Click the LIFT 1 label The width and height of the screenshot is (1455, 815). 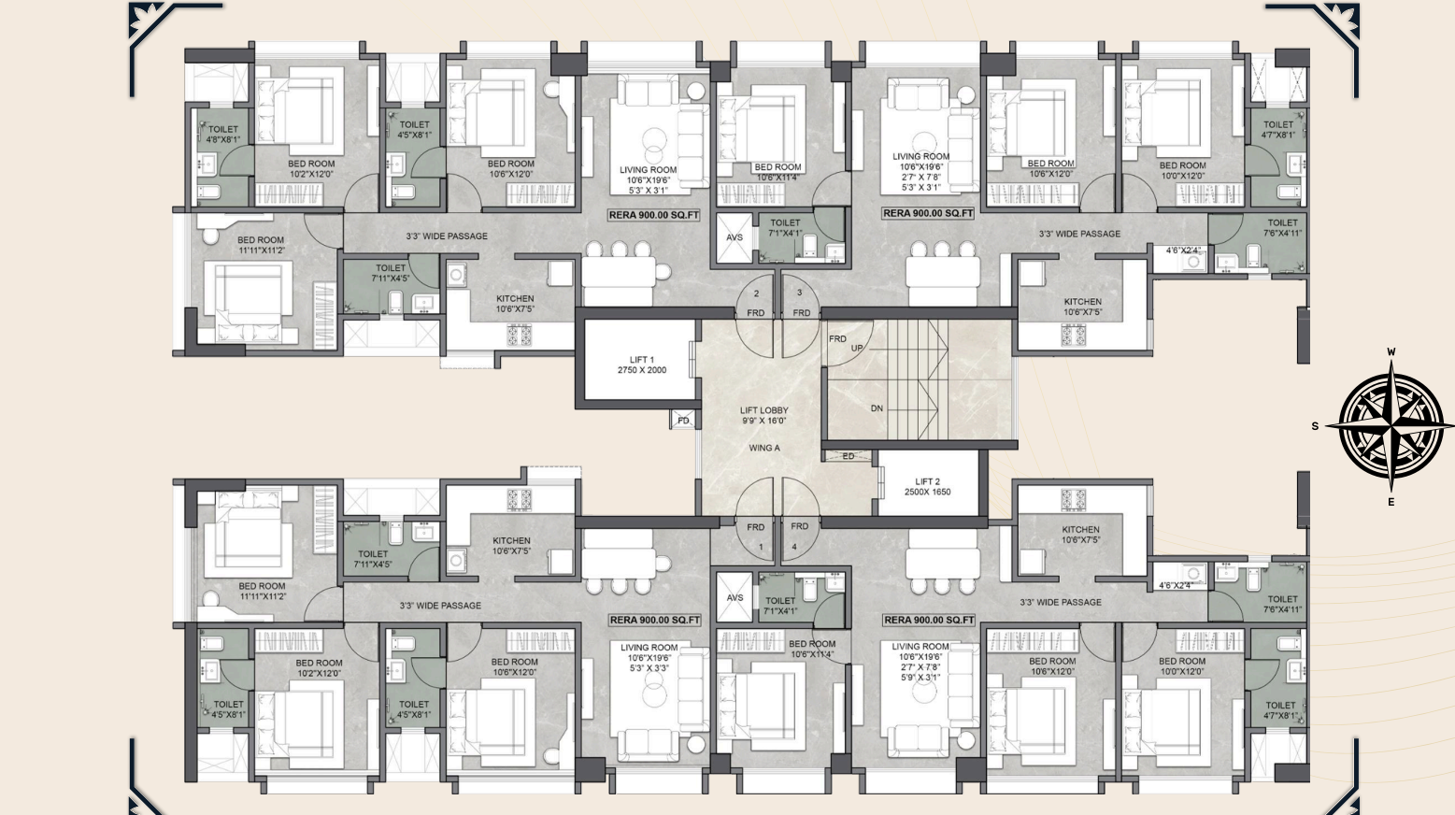tap(641, 360)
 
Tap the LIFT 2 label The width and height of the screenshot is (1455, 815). tap(927, 481)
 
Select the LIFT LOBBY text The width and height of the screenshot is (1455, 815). tap(763, 410)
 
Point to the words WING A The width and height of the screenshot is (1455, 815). tap(763, 448)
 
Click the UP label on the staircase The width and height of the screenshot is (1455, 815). tap(857, 349)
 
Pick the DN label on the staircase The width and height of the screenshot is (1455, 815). tap(877, 408)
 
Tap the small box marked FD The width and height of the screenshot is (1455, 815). tap(683, 421)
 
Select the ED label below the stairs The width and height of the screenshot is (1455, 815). tap(849, 457)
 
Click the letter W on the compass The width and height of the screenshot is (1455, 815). tap(1391, 352)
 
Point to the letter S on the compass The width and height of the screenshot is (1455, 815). tap(1315, 426)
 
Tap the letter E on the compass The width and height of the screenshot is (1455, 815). tap(1391, 502)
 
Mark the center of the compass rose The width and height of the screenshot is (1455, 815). tap(1391, 426)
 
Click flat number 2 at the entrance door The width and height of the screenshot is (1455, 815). tap(756, 293)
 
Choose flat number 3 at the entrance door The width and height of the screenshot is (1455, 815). tap(799, 293)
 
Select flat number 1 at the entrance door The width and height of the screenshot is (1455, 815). tap(761, 547)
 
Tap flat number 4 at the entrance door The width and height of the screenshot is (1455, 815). tap(795, 547)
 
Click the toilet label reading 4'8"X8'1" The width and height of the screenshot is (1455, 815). tap(222, 139)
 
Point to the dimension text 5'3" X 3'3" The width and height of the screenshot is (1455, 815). tap(649, 668)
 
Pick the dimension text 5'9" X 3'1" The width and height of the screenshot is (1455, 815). tap(920, 678)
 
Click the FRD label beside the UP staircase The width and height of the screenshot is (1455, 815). tap(837, 338)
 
